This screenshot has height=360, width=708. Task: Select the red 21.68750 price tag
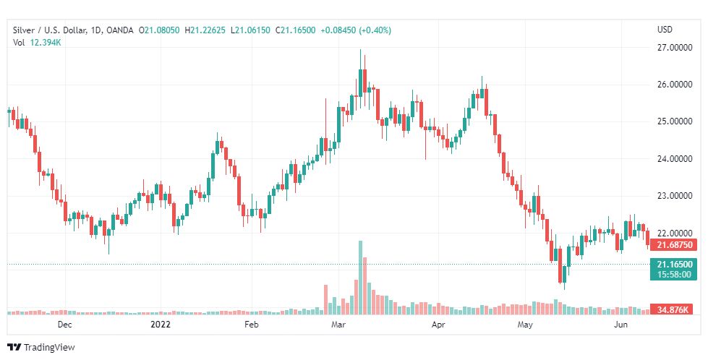[673, 245]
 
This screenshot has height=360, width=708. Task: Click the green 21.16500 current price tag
[673, 265]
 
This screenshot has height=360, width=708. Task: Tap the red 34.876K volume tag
[673, 309]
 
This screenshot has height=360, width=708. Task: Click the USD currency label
[665, 29]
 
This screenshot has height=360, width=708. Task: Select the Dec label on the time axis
[65, 325]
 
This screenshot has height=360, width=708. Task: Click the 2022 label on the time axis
[161, 325]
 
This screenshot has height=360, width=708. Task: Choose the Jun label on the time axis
[620, 325]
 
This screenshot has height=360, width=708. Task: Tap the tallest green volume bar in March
[359, 278]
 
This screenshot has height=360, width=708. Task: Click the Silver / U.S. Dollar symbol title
[48, 29]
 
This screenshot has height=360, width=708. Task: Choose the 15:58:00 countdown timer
[673, 275]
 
